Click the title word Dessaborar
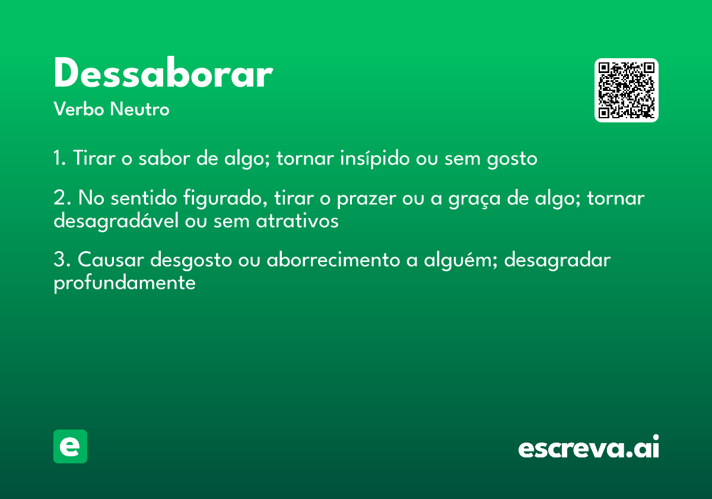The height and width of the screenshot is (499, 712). pos(163,74)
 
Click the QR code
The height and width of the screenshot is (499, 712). pos(627,90)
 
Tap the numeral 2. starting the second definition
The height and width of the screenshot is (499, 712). pos(62,198)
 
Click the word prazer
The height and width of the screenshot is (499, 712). pos(364,198)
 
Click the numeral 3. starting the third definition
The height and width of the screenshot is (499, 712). pos(62,260)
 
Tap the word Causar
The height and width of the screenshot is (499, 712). pos(111,260)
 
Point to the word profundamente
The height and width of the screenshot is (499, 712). pos(125,283)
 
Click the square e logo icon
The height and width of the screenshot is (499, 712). pos(70,446)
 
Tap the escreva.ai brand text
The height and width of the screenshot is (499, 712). pos(589,448)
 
